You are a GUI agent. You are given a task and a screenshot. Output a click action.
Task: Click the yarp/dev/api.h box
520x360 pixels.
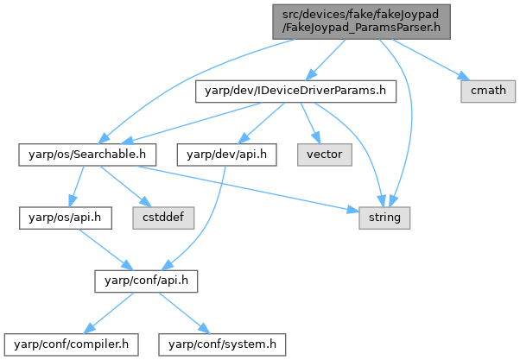225,154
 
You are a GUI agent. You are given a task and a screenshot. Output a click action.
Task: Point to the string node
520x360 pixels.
385,218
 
